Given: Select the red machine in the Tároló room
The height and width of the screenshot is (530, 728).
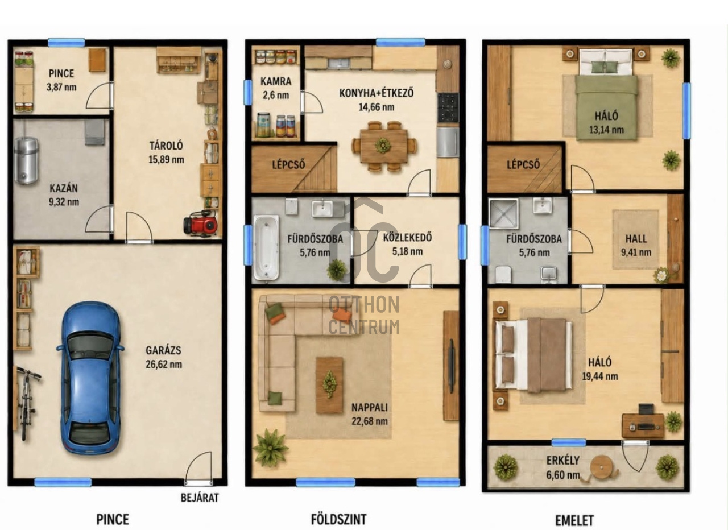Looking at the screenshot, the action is point(200,222).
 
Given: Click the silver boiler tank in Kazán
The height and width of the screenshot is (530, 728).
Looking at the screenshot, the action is point(26,160).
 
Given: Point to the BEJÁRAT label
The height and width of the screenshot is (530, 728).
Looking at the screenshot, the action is point(200,498).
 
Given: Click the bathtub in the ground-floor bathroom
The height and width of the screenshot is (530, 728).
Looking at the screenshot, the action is point(266,247).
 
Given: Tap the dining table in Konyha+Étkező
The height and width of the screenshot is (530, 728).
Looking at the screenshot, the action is point(384,146).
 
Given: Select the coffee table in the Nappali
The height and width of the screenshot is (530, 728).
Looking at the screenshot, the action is point(329,385).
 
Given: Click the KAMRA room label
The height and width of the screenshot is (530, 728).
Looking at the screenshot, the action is point(276,81).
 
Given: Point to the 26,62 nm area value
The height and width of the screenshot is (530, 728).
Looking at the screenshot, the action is point(164,365).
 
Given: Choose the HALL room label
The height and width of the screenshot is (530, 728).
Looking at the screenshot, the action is point(636,239).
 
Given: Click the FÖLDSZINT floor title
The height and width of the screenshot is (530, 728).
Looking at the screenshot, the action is point(338,519).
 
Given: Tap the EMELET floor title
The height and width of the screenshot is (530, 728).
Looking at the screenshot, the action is point(574,520).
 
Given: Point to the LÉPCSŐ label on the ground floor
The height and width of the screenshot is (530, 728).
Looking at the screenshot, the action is point(288,164).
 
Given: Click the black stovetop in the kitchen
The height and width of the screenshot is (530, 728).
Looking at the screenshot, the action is point(448,107).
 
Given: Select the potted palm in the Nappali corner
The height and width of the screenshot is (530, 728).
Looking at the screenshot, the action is point(271,448).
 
